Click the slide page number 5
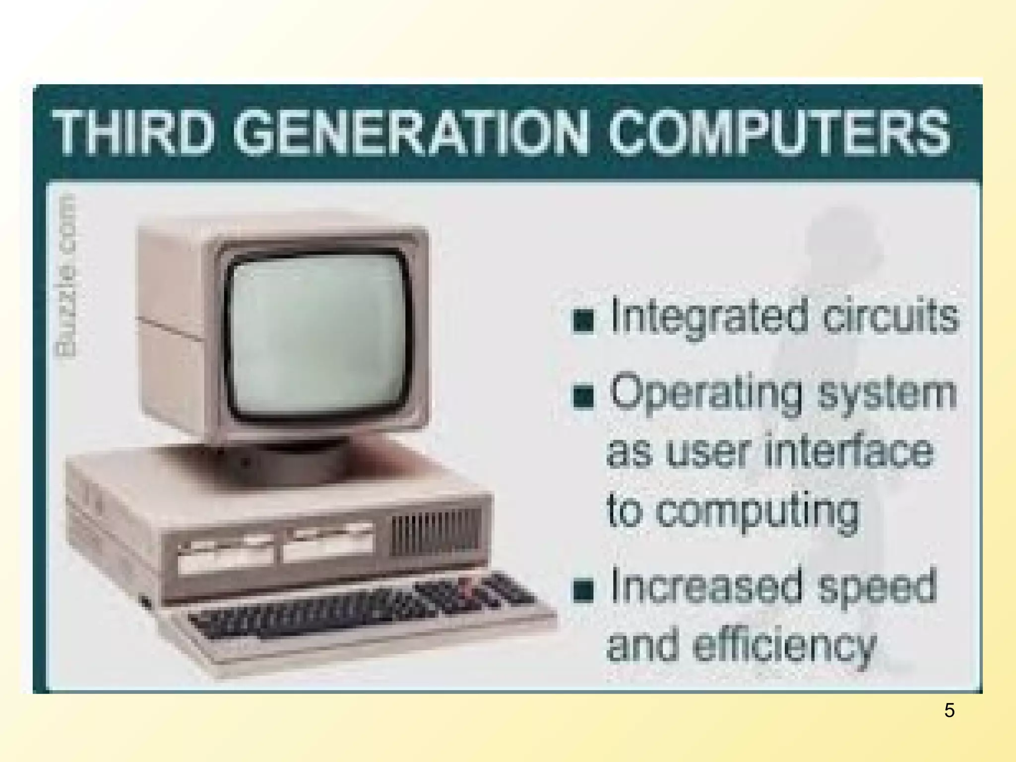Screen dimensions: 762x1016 point(949,711)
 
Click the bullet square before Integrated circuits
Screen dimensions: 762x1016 point(583,320)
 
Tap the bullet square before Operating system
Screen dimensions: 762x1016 point(583,397)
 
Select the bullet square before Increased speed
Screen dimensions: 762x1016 point(583,590)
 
